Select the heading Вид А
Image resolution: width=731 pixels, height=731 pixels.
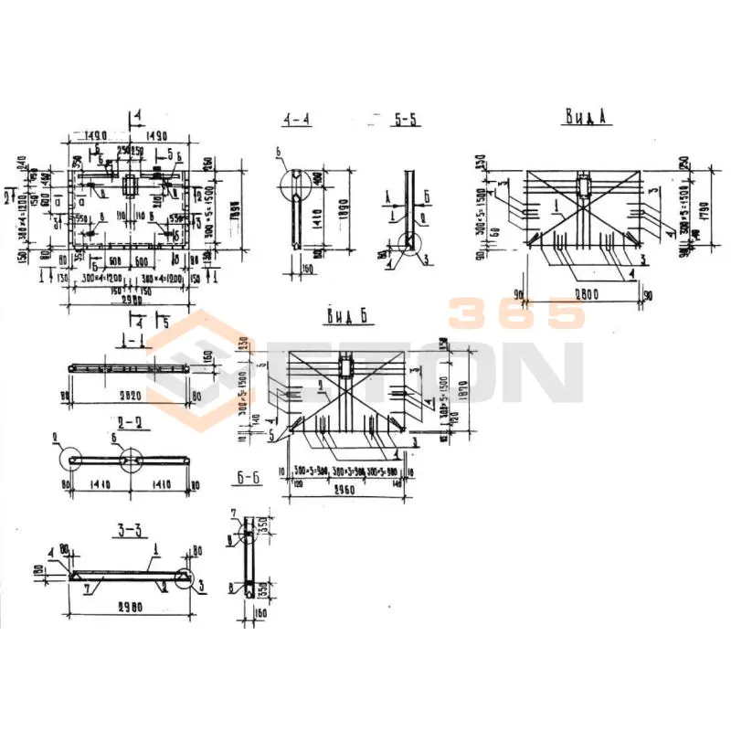pyautogui.click(x=585, y=116)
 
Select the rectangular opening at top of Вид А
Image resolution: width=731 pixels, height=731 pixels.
pyautogui.click(x=584, y=186)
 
